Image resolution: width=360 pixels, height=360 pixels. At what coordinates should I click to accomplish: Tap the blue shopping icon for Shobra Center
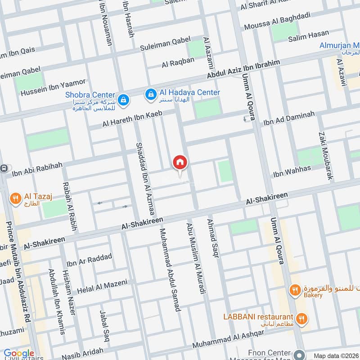(x=122, y=99)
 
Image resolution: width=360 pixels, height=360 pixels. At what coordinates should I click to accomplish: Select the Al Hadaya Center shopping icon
(x=149, y=94)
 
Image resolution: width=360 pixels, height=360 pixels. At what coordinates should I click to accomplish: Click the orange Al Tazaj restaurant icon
(x=16, y=198)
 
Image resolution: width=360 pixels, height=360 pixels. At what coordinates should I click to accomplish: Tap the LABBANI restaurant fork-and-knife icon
(x=301, y=318)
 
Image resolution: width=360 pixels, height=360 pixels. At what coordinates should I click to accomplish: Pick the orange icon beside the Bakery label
(x=295, y=290)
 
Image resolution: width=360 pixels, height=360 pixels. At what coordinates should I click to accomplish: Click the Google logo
(x=19, y=353)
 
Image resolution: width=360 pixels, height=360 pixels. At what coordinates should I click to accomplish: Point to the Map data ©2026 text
(x=335, y=355)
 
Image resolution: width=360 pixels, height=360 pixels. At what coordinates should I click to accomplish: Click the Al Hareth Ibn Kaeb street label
(x=132, y=118)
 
